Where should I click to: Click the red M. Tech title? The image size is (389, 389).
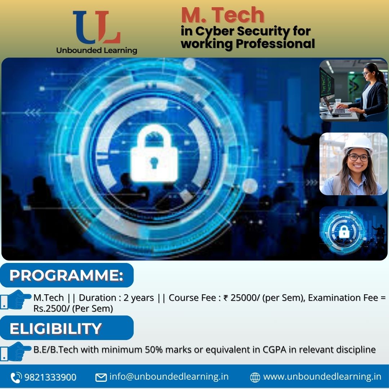[x=223, y=15]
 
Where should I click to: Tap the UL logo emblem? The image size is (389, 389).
[x=97, y=27]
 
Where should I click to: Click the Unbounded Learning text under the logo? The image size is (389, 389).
[x=97, y=50]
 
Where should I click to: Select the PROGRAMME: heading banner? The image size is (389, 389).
[x=67, y=275]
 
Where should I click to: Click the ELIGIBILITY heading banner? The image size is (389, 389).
[x=67, y=328]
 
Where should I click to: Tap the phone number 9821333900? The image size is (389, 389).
[x=50, y=377]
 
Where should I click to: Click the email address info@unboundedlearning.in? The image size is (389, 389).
[x=169, y=377]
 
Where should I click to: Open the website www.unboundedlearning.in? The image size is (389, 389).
[x=322, y=377]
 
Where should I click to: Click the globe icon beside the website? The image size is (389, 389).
[x=255, y=377]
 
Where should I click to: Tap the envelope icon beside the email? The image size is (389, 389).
[x=101, y=377]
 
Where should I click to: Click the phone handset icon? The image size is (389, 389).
[x=16, y=377]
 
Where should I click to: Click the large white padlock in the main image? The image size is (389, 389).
[x=154, y=153]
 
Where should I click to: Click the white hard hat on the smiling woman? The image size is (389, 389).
[x=358, y=144]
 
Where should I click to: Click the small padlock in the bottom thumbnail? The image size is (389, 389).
[x=344, y=232]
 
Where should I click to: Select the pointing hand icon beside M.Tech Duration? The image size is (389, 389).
[x=16, y=299]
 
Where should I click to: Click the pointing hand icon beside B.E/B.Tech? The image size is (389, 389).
[x=16, y=352]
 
